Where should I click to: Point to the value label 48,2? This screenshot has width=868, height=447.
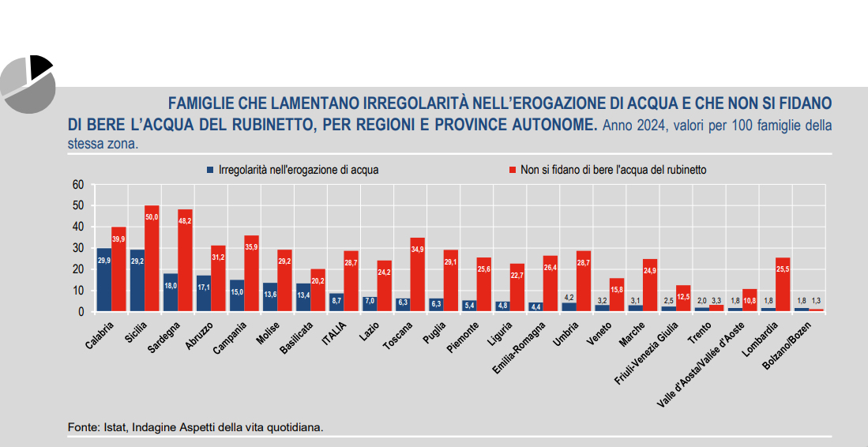[185, 223]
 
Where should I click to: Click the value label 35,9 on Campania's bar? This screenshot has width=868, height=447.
[251, 247]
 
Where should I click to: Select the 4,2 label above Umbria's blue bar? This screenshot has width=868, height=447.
[567, 297]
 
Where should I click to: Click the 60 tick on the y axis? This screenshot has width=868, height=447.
[77, 185]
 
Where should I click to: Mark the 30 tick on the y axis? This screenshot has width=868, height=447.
[77, 248]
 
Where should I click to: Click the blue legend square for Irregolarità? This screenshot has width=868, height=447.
[210, 170]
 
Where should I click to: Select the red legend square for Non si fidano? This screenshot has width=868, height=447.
[513, 170]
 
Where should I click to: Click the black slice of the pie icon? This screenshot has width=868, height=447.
[40, 66]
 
